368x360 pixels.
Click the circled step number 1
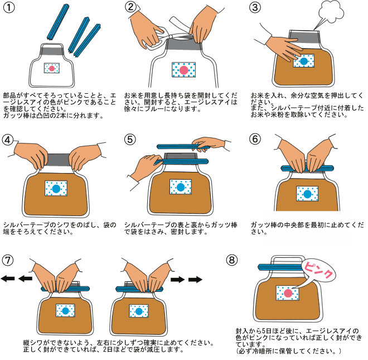click(x=9, y=9)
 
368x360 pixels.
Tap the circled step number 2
click(x=132, y=8)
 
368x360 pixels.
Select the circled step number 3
click(x=256, y=8)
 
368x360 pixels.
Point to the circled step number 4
click(x=8, y=140)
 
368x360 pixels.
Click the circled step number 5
click(x=132, y=140)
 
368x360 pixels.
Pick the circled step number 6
click(x=256, y=140)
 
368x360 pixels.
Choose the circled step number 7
click(x=8, y=261)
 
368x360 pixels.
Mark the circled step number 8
click(x=234, y=261)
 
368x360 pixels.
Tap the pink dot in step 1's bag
click(x=51, y=68)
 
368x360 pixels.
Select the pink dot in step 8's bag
click(x=288, y=294)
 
